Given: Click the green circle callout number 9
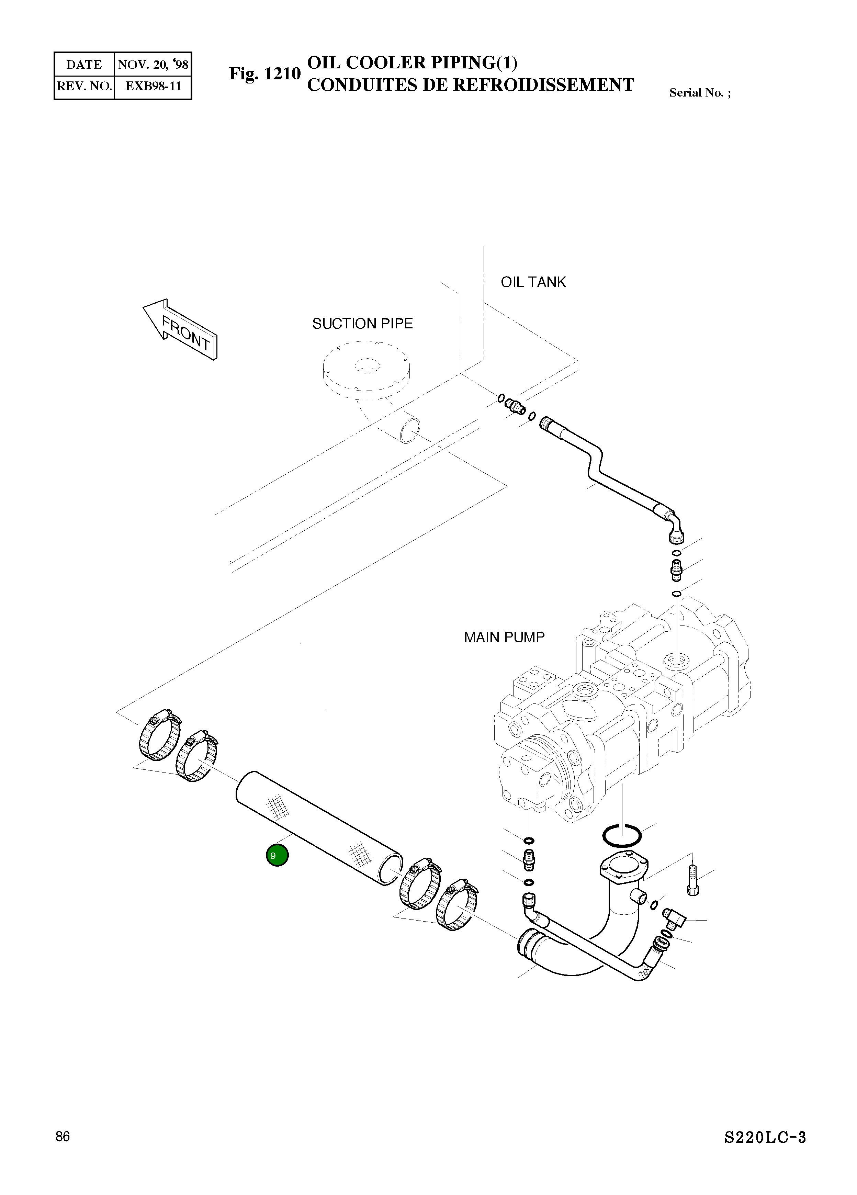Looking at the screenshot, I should (277, 855).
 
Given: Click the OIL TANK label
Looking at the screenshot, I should (533, 282).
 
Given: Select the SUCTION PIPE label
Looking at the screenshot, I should (362, 324).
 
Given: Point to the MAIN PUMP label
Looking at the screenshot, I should (504, 637).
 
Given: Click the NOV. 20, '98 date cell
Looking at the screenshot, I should (153, 65).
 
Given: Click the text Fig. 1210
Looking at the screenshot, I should (264, 74).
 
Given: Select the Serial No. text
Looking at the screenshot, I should (699, 93).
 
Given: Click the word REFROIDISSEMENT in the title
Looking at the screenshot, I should (544, 85).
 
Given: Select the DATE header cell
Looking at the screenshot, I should (84, 65).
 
